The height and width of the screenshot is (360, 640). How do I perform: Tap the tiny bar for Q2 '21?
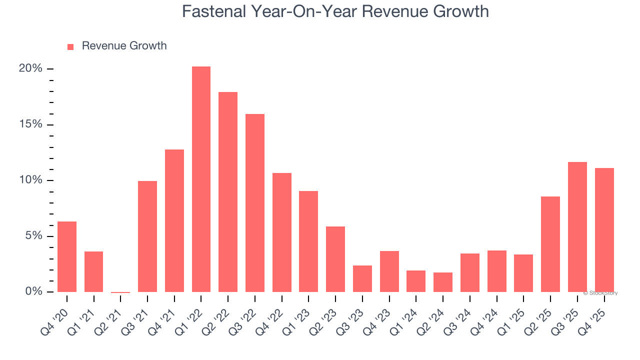tap(120, 292)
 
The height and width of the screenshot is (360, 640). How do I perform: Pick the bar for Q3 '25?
tap(577, 227)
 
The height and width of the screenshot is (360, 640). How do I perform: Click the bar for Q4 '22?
tap(282, 232)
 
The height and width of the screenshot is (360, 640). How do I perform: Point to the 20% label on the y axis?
tap(30, 68)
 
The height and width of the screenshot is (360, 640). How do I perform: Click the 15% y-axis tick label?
tap(30, 124)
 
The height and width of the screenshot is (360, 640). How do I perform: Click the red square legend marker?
tap(70, 47)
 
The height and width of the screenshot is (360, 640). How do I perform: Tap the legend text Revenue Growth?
tap(124, 46)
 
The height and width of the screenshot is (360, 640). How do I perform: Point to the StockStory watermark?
tap(601, 293)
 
